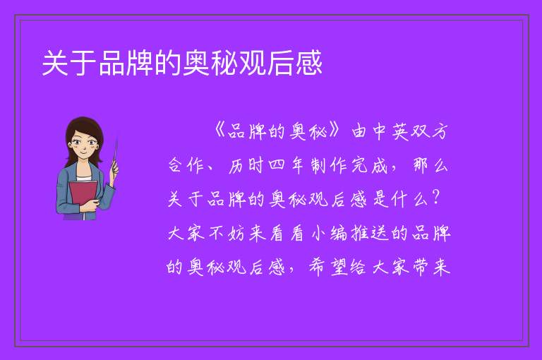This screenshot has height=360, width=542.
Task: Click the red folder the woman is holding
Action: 83,196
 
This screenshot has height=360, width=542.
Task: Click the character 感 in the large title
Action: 308,63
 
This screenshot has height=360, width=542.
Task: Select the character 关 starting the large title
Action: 55,63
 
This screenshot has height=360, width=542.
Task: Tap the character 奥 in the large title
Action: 196,63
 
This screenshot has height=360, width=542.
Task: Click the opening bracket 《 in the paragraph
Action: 219,131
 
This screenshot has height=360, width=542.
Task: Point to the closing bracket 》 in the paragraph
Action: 335,131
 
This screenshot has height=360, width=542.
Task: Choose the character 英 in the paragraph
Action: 401,131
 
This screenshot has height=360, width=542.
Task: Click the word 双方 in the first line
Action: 430,131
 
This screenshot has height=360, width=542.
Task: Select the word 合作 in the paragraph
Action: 186,165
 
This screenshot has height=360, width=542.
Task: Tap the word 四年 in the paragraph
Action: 285,165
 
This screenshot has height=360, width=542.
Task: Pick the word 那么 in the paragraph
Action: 430,165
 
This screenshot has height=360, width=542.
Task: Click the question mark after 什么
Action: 436,198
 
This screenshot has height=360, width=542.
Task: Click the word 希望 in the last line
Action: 328,267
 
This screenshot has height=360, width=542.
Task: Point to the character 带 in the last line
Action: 421,267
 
